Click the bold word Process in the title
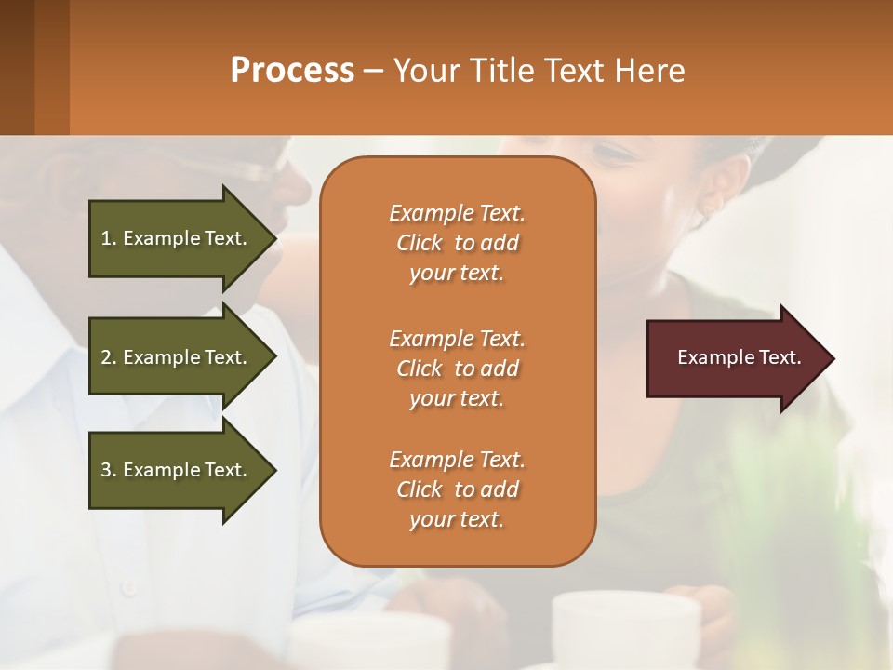pos(292,71)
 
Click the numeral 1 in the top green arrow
pos(105,238)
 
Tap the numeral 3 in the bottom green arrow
pos(106,470)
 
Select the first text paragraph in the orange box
pos(457,243)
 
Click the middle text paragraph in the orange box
pos(457,368)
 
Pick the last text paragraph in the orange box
pos(457,489)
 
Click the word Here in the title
pos(649,71)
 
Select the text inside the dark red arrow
pos(739,357)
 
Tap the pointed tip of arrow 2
pos(274,357)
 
